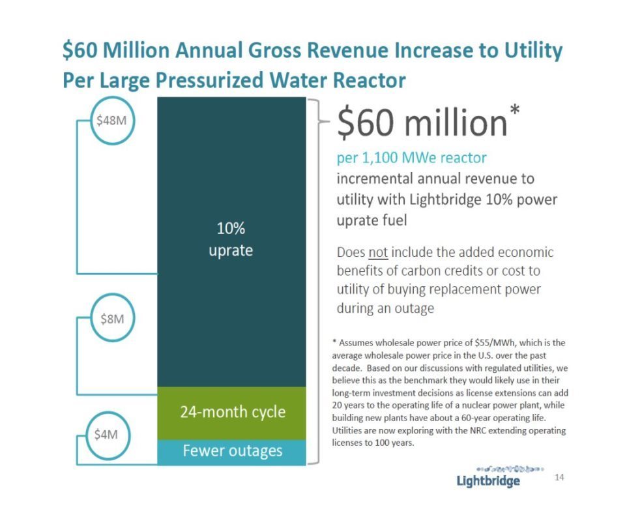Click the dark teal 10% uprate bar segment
(x=231, y=241)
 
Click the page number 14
(x=559, y=478)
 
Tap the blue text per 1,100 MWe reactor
(x=411, y=158)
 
